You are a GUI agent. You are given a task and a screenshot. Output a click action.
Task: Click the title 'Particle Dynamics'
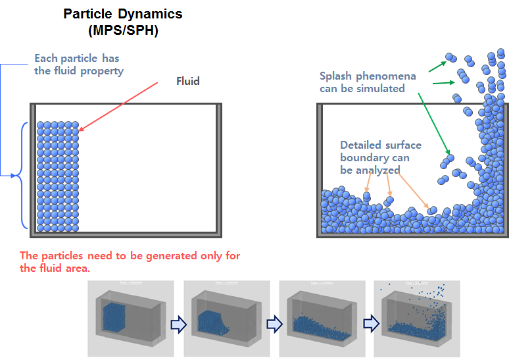click(x=122, y=14)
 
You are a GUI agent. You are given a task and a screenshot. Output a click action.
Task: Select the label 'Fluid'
click(x=187, y=82)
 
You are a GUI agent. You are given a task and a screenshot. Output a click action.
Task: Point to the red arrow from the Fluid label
click(x=118, y=107)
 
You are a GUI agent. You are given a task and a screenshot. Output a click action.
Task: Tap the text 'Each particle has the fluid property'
click(x=78, y=64)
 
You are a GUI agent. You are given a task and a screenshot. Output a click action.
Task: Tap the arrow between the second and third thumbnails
click(x=273, y=323)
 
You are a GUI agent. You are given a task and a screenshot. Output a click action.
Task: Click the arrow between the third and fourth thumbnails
click(x=368, y=323)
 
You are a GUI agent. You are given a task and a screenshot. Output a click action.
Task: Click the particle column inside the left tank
click(x=58, y=176)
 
